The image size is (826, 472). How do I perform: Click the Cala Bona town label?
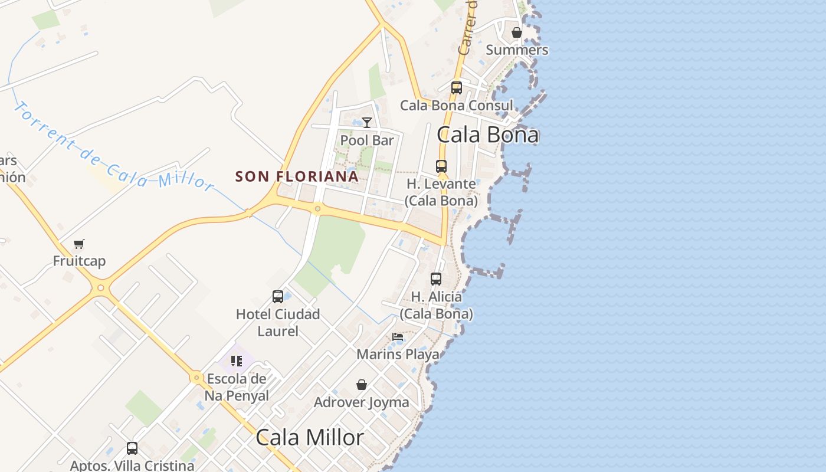(x=487, y=135)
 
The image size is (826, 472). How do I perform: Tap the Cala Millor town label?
(x=310, y=438)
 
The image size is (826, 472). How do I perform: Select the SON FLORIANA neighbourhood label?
(x=297, y=176)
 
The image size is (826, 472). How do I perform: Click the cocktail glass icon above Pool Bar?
(x=367, y=123)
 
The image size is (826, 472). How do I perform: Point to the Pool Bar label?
(x=367, y=140)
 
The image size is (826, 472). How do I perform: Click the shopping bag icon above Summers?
(x=517, y=32)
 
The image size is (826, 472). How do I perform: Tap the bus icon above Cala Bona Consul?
(x=457, y=88)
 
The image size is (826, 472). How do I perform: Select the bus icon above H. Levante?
(x=441, y=166)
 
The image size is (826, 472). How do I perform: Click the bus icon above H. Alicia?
(x=436, y=279)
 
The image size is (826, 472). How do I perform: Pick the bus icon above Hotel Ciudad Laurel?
(x=278, y=297)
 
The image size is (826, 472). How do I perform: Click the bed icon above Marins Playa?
(x=398, y=337)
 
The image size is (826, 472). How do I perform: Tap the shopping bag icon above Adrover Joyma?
(x=362, y=385)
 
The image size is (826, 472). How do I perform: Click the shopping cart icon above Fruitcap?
(x=79, y=244)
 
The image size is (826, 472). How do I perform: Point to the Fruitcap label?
(x=79, y=261)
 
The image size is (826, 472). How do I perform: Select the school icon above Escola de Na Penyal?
(x=237, y=360)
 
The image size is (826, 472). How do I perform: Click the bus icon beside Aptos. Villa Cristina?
(x=132, y=448)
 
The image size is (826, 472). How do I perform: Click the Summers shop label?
(x=517, y=50)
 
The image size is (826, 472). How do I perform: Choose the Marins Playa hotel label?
(x=398, y=354)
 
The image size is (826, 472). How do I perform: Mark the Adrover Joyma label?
(x=362, y=402)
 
